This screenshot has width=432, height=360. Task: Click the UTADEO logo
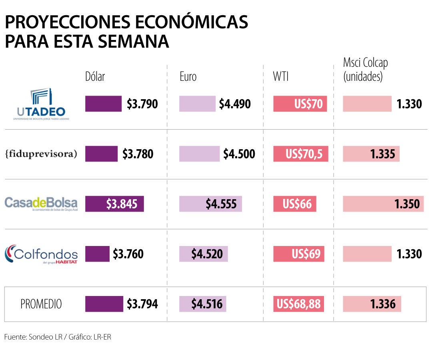click(x=41, y=104)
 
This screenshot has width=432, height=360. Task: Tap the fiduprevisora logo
click(x=41, y=154)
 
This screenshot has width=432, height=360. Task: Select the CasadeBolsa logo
click(x=41, y=203)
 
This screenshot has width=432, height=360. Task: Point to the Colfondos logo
click(x=41, y=254)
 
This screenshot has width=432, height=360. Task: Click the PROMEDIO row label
click(x=41, y=304)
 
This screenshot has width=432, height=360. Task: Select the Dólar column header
click(x=95, y=76)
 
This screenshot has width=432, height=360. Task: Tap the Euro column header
click(x=188, y=76)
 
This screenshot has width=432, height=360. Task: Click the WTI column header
click(x=280, y=76)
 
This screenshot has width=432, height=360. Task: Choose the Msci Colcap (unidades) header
click(x=365, y=70)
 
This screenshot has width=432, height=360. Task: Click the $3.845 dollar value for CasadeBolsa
click(x=122, y=204)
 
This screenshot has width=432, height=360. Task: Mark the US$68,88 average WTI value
click(x=299, y=304)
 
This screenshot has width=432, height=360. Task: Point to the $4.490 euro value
click(x=235, y=104)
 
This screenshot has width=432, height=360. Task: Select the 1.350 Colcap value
click(x=407, y=204)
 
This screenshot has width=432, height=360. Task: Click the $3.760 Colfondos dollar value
click(x=128, y=254)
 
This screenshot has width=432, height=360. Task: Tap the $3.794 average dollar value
click(x=142, y=304)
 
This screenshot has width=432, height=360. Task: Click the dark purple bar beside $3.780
click(x=101, y=154)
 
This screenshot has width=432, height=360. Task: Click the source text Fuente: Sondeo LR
click(x=34, y=337)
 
